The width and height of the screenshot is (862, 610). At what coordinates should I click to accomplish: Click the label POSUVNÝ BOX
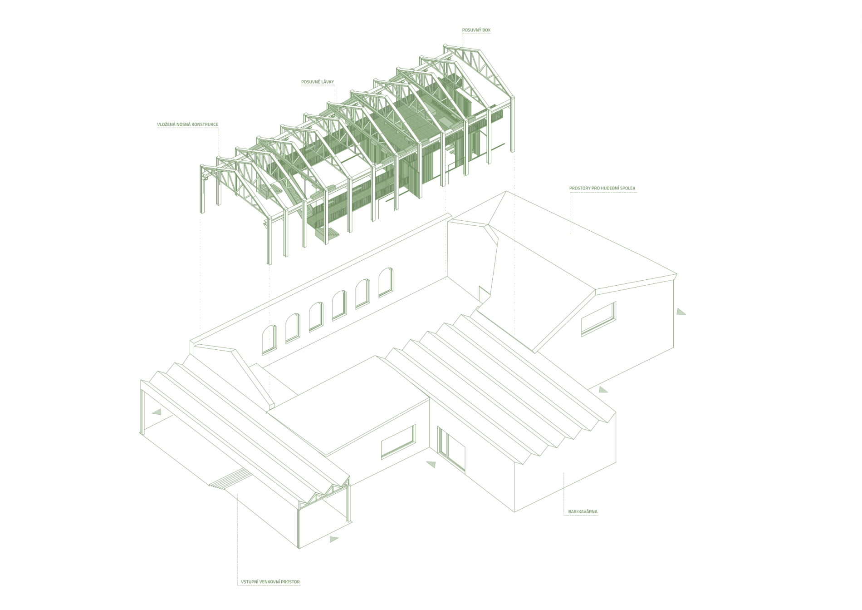pos(476,30)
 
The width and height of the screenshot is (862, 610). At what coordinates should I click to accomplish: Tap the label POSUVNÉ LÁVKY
pos(318,82)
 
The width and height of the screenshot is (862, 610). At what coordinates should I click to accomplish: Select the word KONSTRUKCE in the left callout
pos(205,124)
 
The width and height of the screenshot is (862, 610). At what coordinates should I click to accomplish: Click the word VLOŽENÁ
pos(167,124)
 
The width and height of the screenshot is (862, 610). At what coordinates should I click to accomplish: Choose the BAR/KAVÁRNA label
pos(583,512)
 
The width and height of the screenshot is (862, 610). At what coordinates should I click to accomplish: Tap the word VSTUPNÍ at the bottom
pos(250,582)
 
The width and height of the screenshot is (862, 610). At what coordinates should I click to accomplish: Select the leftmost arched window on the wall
pos(269,339)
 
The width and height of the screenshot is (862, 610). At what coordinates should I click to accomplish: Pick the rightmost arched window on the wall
pos(386,282)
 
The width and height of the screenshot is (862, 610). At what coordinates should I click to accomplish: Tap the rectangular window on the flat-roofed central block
pos(398,441)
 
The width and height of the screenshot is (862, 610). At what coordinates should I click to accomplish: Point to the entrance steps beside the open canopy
pos(230,478)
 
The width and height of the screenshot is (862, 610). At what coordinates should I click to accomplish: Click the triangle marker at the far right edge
pos(681,312)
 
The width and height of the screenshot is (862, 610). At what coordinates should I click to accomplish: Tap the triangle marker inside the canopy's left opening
pos(157,412)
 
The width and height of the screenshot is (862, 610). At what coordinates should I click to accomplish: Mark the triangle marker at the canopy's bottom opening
pos(334,539)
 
